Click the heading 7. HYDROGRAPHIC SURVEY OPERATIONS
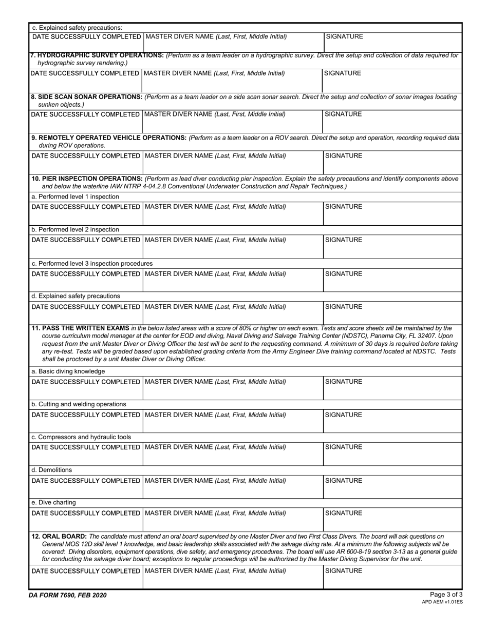point(98,55)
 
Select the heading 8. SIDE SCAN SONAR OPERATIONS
point(87,97)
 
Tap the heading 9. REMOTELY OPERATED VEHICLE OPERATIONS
point(109,138)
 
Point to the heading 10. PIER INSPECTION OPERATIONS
point(88,179)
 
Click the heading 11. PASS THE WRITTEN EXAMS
point(80,328)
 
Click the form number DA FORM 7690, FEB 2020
point(68,595)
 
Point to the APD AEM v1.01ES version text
point(442,602)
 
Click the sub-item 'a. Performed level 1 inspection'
point(76,196)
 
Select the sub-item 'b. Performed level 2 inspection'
point(76,229)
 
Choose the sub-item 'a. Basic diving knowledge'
point(68,371)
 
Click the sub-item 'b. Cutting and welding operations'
point(79,404)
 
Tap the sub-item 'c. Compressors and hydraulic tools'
point(81,437)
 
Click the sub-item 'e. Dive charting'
point(54,503)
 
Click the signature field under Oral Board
point(392,578)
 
